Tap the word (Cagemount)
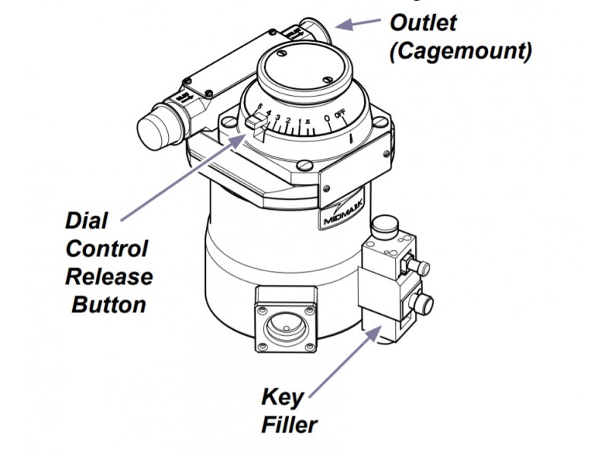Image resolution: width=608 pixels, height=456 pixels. point(461,51)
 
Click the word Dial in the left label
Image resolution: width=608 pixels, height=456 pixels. point(86,222)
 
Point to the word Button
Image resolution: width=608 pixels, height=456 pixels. point(109,305)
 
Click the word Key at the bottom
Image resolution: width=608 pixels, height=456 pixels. point(282,397)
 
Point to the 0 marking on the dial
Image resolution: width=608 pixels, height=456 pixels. point(326,118)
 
